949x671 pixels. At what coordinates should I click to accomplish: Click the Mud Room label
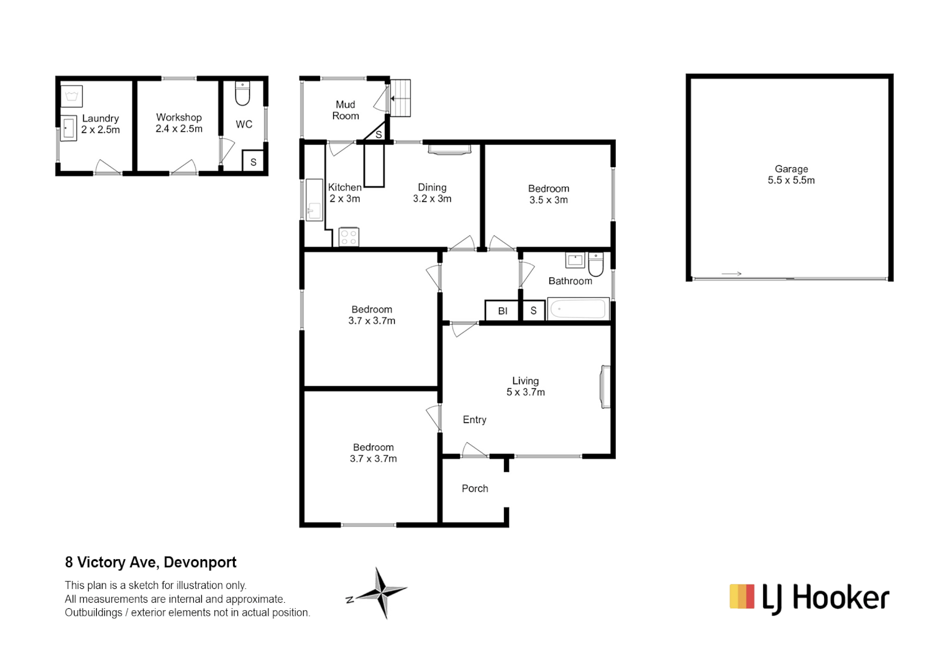pyautogui.click(x=346, y=110)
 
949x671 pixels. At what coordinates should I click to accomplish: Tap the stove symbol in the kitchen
pyautogui.click(x=349, y=237)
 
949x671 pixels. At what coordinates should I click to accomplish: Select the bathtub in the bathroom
pyautogui.click(x=578, y=309)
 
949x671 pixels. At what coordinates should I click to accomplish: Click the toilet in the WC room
pyautogui.click(x=242, y=94)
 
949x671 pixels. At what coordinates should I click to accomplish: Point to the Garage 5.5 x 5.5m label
pyautogui.click(x=791, y=175)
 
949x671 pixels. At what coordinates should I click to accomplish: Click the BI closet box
pyautogui.click(x=502, y=311)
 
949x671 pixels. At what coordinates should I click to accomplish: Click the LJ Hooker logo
pyautogui.click(x=809, y=598)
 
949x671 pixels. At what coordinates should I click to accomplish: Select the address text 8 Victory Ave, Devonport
pyautogui.click(x=150, y=562)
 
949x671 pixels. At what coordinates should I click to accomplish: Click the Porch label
pyautogui.click(x=475, y=488)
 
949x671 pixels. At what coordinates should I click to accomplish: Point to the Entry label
pyautogui.click(x=474, y=420)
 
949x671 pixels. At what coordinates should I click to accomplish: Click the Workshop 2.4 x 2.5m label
pyautogui.click(x=179, y=123)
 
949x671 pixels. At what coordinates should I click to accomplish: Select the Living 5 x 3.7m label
pyautogui.click(x=525, y=386)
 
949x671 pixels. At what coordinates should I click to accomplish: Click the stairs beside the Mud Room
pyautogui.click(x=400, y=98)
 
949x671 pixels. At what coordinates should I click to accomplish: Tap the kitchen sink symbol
pyautogui.click(x=314, y=200)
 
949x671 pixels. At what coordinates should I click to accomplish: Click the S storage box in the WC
pyautogui.click(x=253, y=162)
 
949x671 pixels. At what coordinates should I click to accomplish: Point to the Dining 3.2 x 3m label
pyautogui.click(x=432, y=193)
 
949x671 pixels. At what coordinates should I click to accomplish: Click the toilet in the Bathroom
pyautogui.click(x=595, y=263)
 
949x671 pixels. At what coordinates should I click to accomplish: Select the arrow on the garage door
pyautogui.click(x=731, y=274)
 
